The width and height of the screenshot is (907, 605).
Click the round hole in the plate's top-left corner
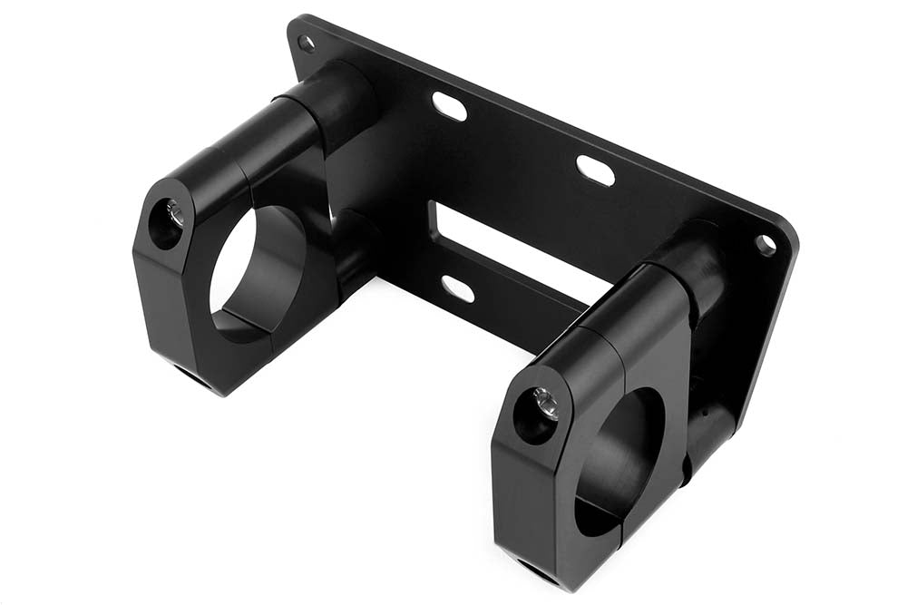tap(307, 43)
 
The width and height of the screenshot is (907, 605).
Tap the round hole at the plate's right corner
tap(766, 243)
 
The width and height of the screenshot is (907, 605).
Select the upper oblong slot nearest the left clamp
tap(449, 106)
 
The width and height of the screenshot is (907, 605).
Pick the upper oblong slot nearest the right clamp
tap(595, 171)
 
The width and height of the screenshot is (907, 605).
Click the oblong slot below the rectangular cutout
tap(457, 288)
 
